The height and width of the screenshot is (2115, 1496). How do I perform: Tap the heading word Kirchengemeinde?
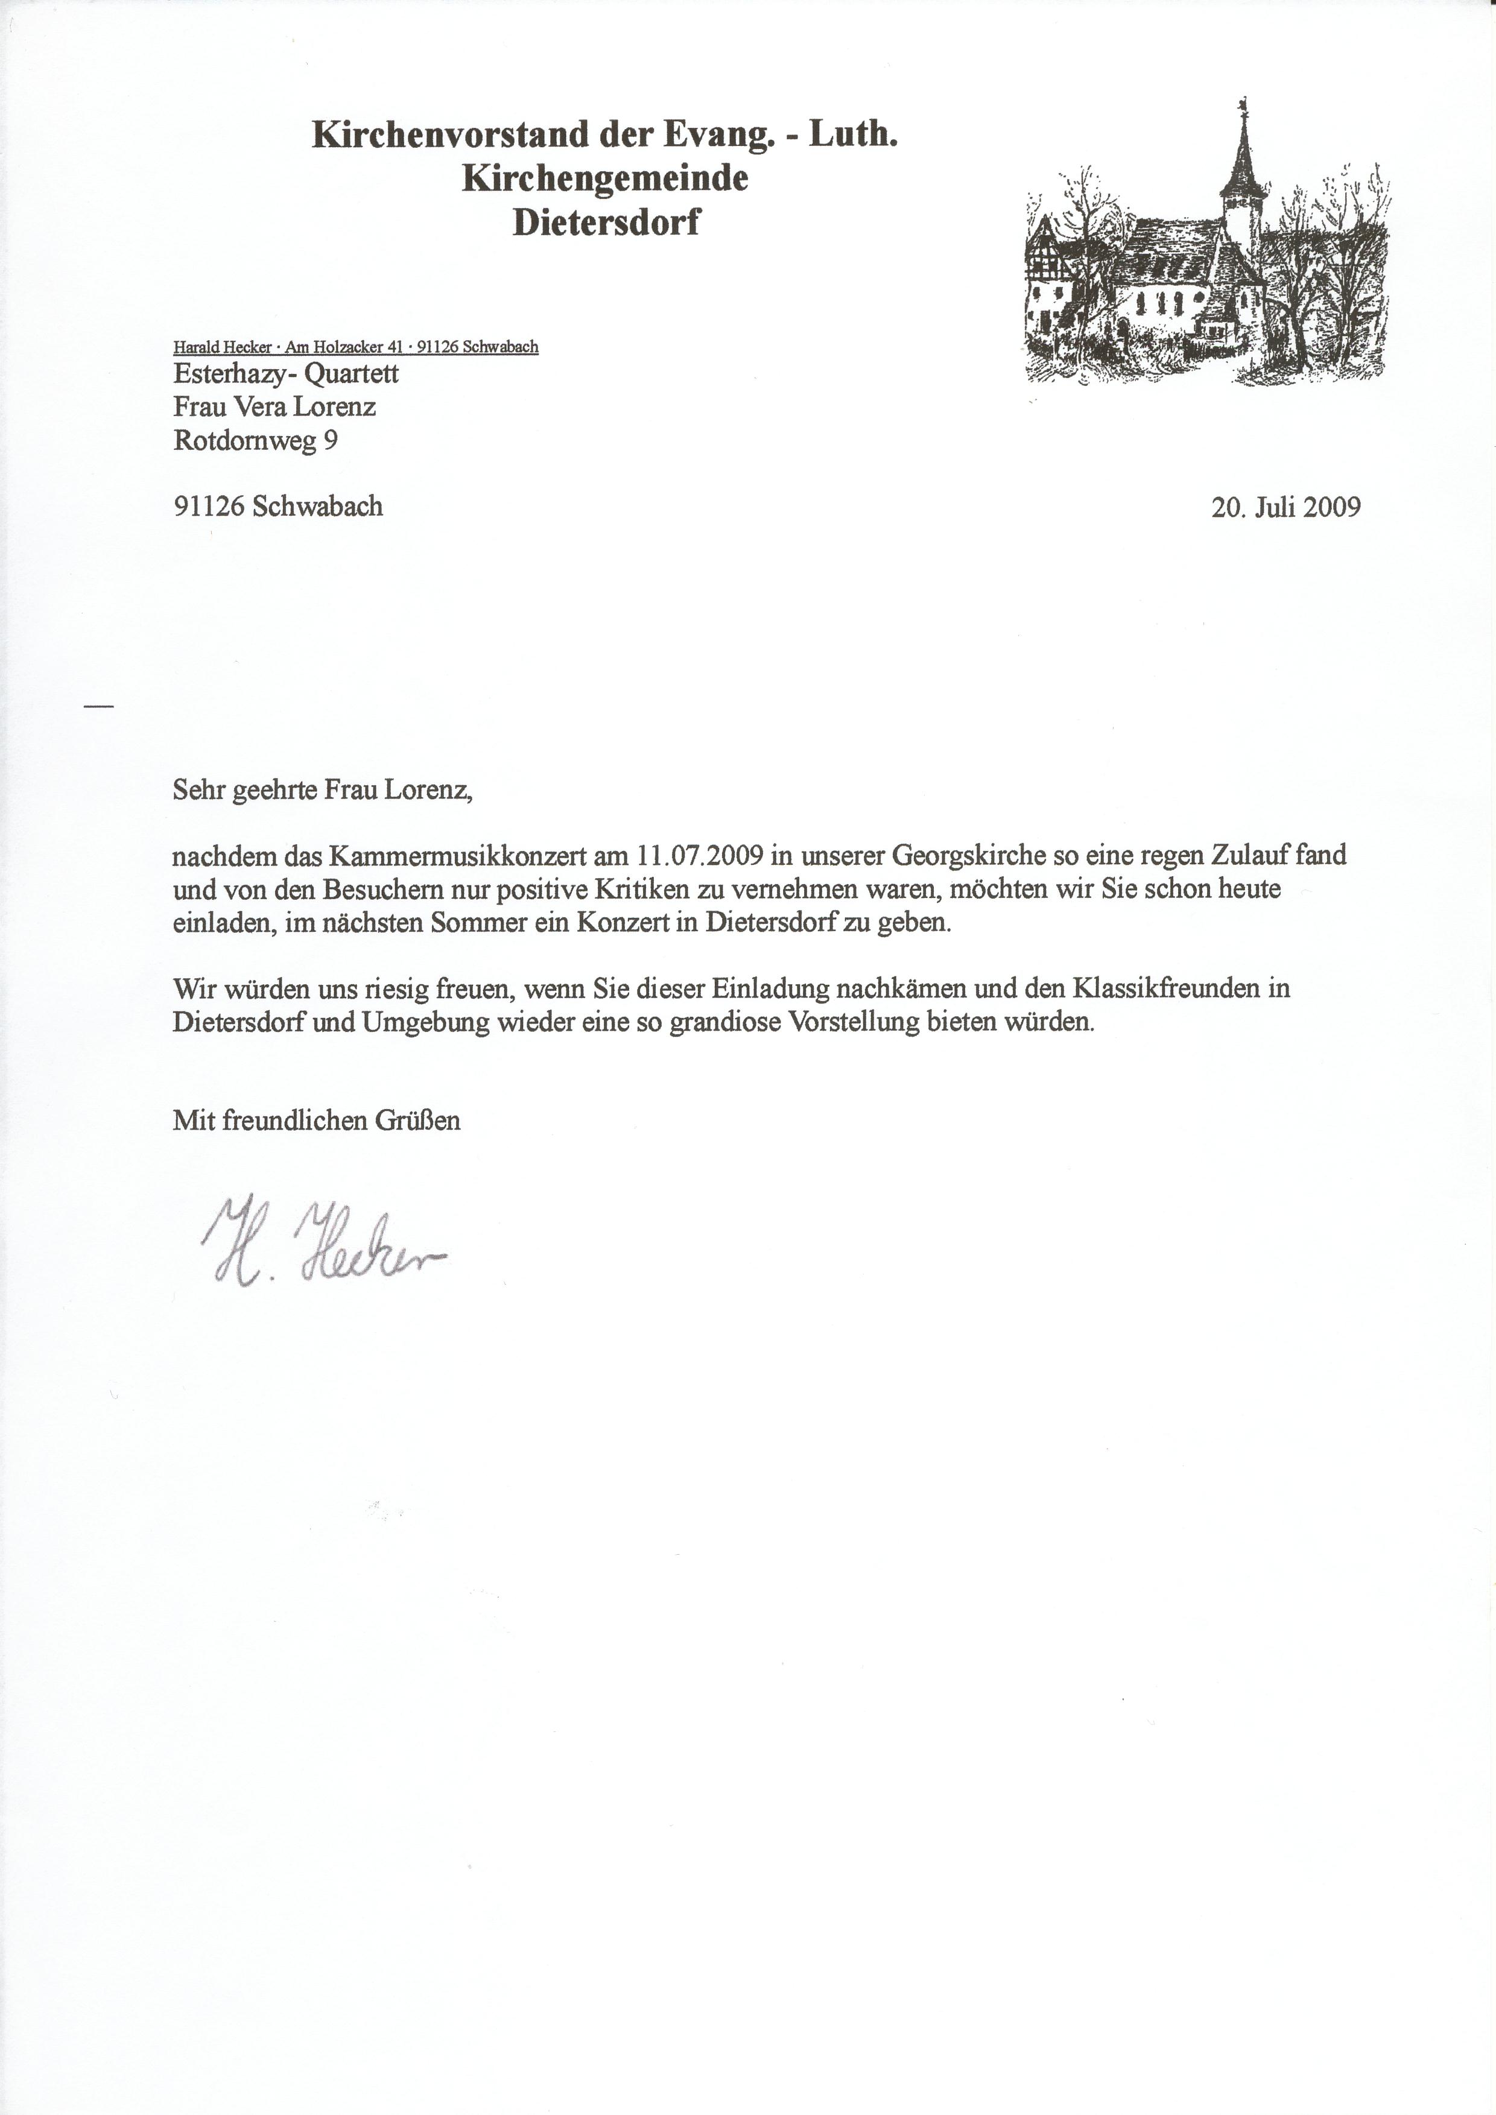[604, 178]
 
